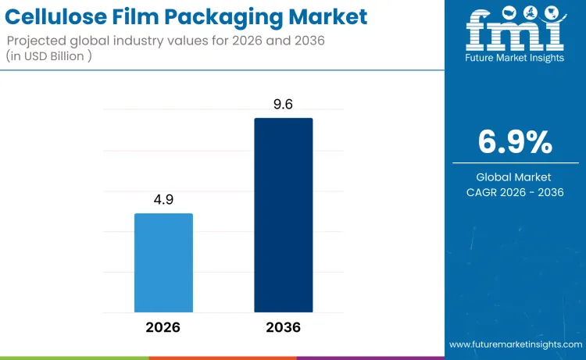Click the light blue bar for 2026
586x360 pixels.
point(163,262)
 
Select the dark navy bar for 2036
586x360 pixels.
point(283,215)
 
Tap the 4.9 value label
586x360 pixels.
point(163,200)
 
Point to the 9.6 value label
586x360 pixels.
point(283,105)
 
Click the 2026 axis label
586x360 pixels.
point(163,327)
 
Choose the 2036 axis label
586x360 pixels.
point(283,327)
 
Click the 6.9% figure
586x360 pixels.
point(515,142)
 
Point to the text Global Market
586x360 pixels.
point(515,177)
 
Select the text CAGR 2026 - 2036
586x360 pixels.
point(515,192)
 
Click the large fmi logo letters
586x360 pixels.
point(515,34)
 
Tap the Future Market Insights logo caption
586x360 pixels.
point(515,57)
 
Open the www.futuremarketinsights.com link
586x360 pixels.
point(515,344)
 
